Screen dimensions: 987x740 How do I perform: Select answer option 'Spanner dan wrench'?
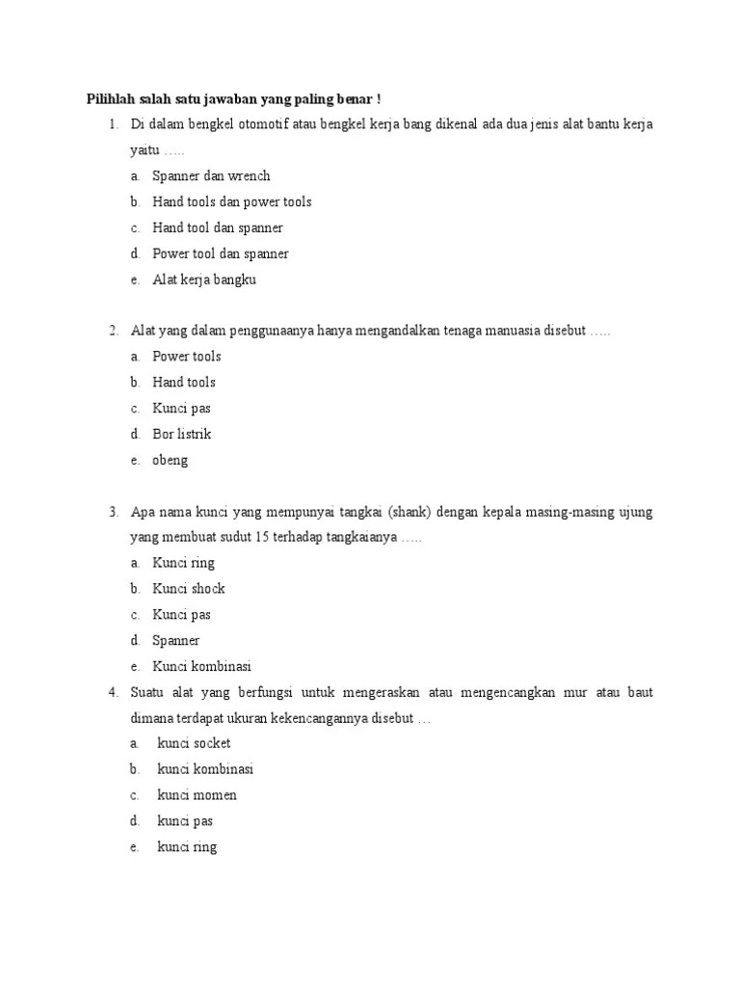coord(211,175)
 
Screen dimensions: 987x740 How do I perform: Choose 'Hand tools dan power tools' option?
coord(231,201)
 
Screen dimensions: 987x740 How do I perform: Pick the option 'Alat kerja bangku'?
coord(204,280)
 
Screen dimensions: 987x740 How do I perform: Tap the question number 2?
coord(113,331)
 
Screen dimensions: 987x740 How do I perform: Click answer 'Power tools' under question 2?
coord(187,357)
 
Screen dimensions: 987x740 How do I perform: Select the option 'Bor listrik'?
coord(182,434)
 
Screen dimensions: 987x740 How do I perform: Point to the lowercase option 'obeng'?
coord(171,460)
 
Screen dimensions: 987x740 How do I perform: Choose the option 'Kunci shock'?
coord(189,588)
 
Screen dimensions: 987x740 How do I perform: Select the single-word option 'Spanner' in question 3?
coord(176,640)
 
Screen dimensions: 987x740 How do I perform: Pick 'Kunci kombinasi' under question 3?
coord(201,666)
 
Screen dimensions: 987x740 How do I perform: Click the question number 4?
coord(113,692)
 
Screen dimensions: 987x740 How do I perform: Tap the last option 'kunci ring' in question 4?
coord(187,847)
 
